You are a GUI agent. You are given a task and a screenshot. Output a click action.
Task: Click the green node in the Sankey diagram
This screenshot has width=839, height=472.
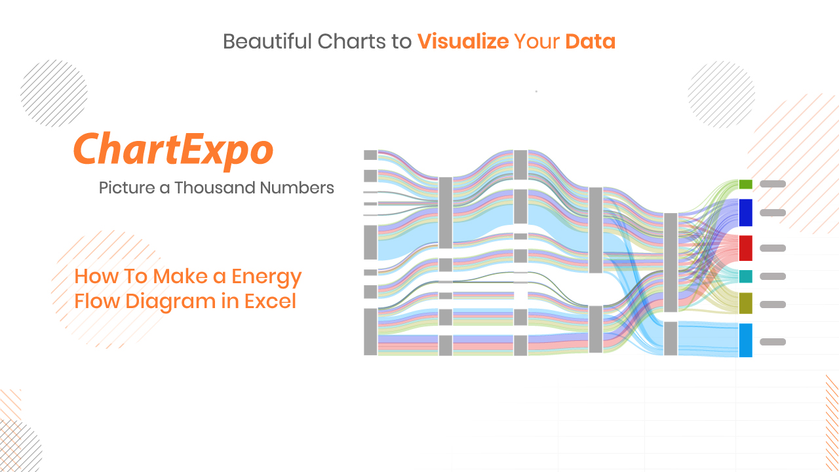pos(745,184)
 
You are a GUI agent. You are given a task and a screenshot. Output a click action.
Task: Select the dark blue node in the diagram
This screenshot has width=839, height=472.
pos(745,213)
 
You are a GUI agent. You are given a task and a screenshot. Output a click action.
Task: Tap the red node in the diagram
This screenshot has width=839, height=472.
pos(745,248)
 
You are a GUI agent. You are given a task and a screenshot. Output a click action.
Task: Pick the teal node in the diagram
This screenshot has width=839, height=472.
pos(745,277)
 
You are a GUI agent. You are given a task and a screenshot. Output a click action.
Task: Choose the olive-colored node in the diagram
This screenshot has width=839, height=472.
pos(745,304)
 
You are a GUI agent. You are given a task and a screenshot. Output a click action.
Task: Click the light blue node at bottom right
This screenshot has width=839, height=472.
pos(745,340)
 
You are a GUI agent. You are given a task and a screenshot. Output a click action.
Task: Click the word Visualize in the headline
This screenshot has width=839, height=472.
pos(463,41)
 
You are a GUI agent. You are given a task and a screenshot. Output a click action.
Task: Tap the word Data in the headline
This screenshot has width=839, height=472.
pos(591,41)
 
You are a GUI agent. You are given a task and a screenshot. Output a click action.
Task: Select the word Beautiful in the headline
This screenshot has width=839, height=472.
pos(267,41)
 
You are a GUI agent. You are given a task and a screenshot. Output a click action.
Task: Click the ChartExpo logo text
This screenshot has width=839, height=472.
pos(174,150)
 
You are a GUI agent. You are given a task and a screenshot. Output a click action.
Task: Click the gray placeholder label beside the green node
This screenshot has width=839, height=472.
pos(773,184)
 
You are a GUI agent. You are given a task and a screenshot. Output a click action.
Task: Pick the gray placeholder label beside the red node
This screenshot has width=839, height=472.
pos(773,248)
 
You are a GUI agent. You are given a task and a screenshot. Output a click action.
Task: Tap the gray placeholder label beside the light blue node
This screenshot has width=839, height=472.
pos(773,342)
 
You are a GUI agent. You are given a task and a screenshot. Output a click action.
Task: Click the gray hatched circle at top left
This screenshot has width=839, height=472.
pos(54,93)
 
